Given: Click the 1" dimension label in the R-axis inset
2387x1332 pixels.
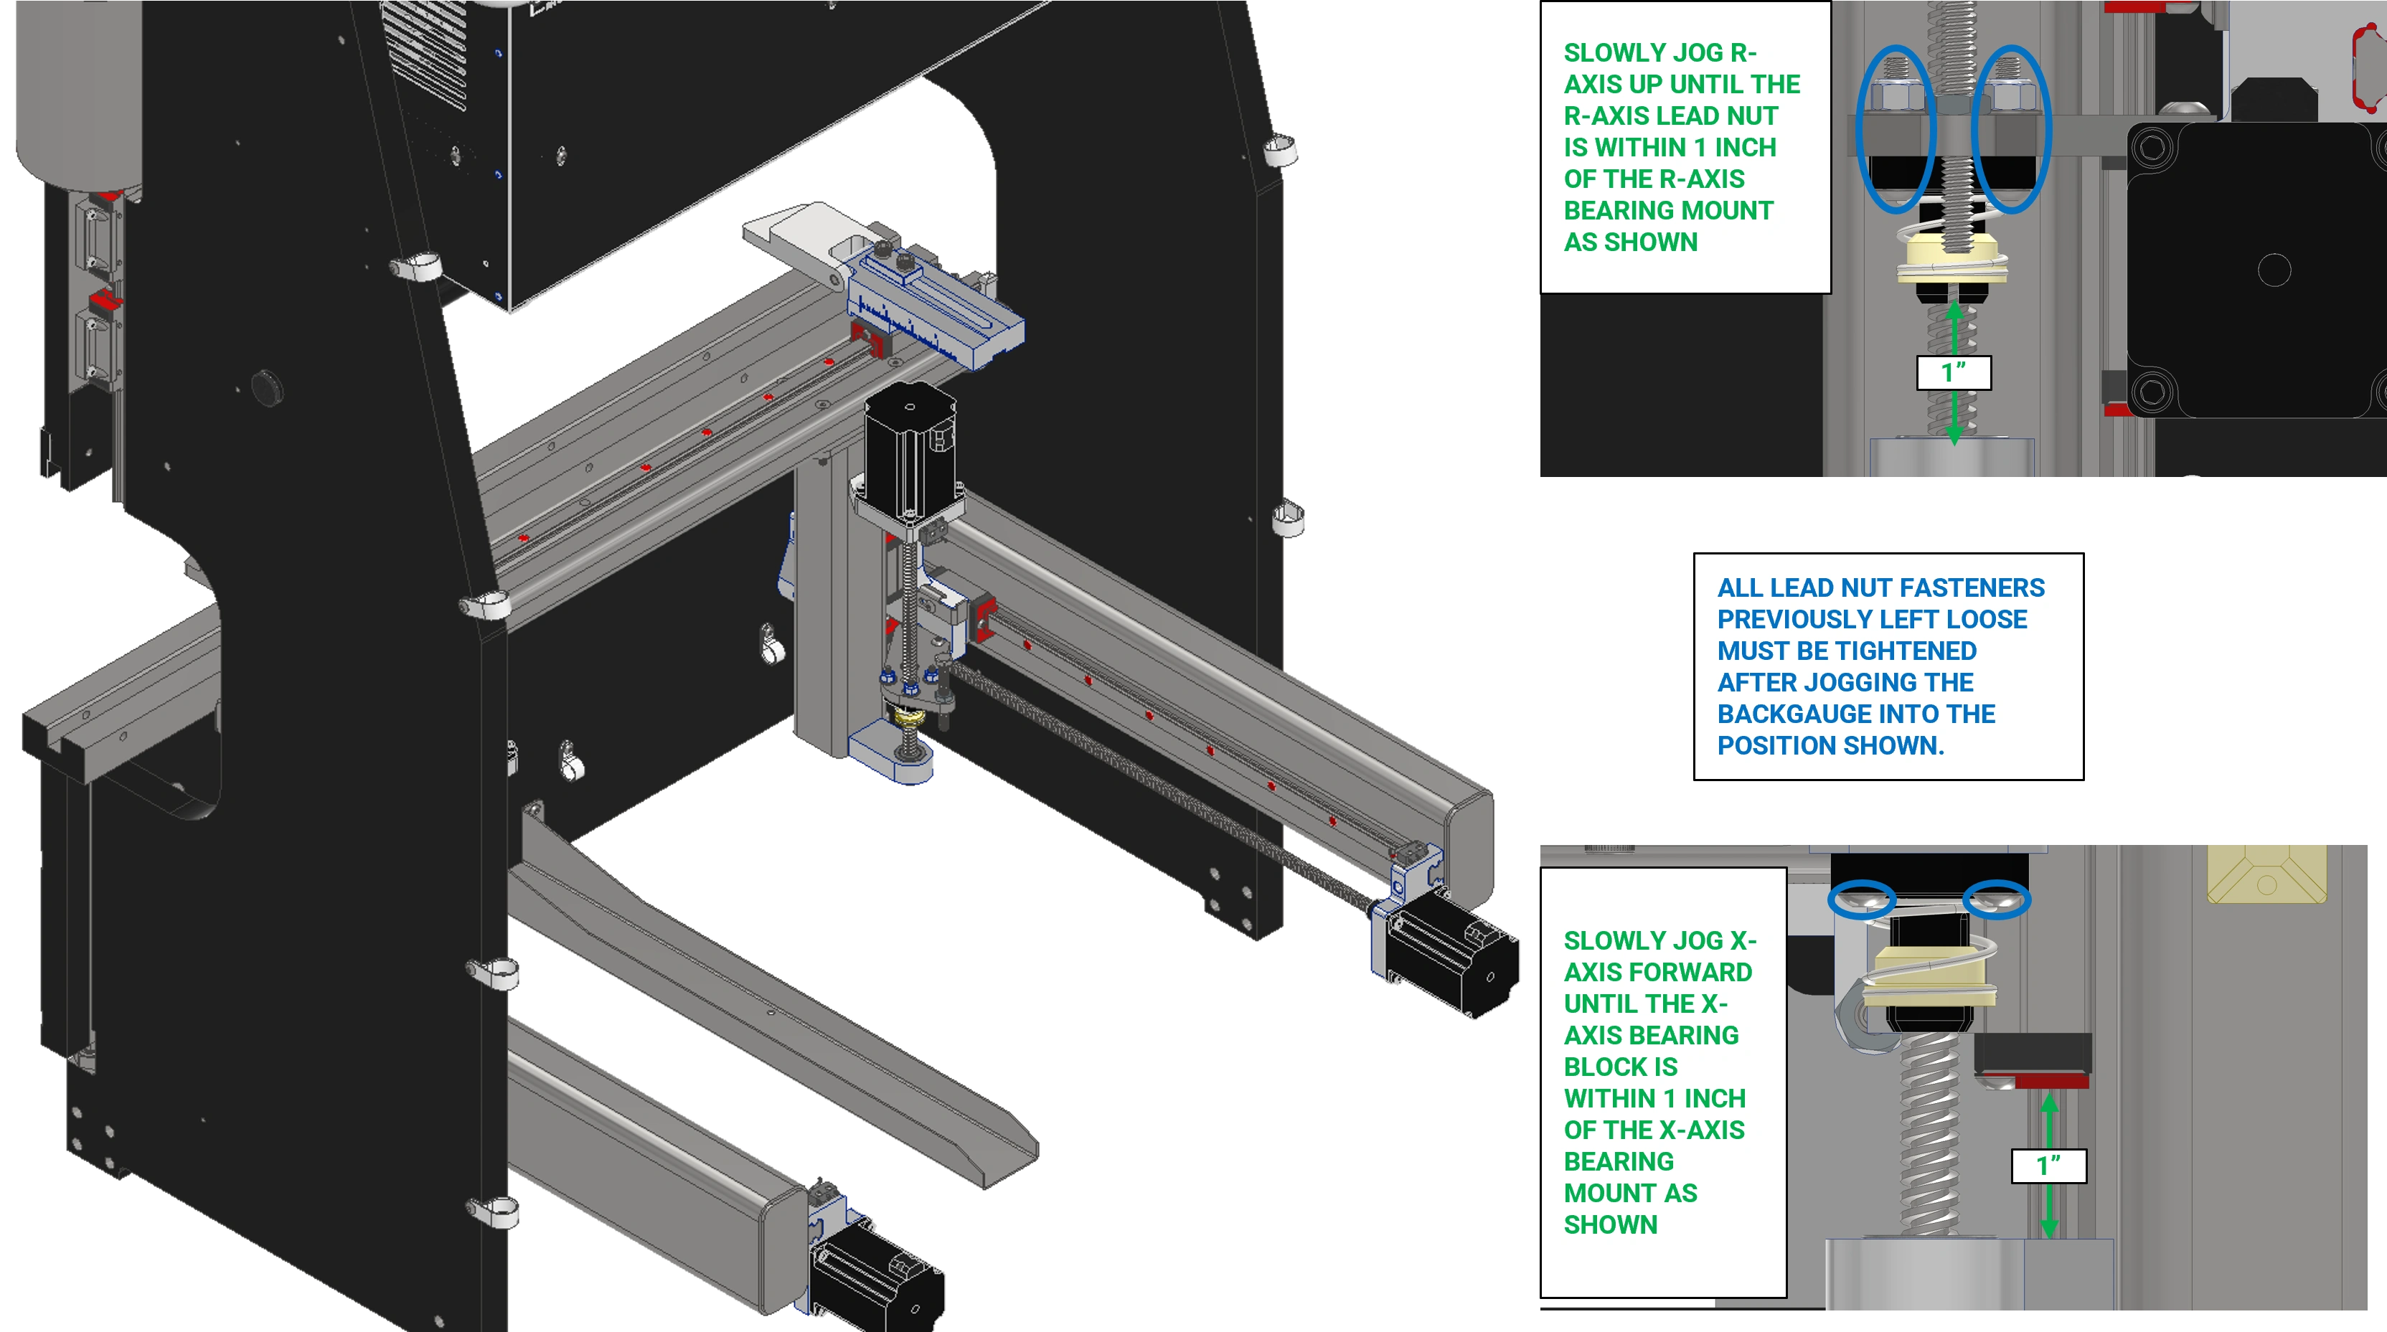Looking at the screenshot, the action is [x=1954, y=372].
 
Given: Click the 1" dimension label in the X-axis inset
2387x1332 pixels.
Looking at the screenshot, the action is [x=2049, y=1166].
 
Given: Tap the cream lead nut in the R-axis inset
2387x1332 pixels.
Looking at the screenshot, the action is [x=1951, y=260].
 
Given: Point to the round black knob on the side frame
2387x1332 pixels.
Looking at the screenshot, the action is [x=267, y=387].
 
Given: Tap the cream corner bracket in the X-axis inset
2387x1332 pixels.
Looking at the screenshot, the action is [x=2267, y=874].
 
